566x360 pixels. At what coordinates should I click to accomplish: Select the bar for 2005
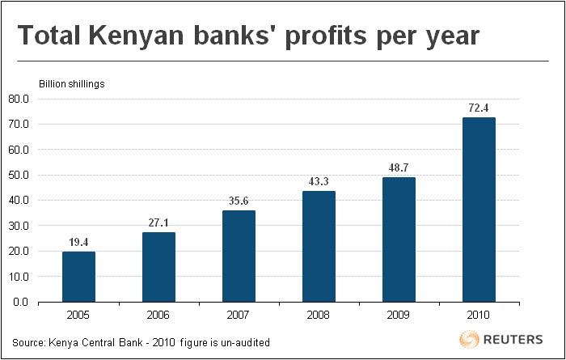pos(78,277)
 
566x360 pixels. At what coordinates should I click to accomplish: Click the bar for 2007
pos(239,256)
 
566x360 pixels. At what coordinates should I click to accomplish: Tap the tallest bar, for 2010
pos(479,210)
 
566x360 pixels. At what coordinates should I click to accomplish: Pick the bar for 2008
pos(319,246)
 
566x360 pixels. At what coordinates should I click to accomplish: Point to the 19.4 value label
pos(78,240)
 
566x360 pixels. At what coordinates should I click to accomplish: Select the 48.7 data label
pos(399,166)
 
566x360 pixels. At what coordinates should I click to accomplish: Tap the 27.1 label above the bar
pos(158,221)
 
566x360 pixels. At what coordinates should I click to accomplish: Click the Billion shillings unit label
pos(72,83)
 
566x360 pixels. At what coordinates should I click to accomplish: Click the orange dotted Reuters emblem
pos(469,338)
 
